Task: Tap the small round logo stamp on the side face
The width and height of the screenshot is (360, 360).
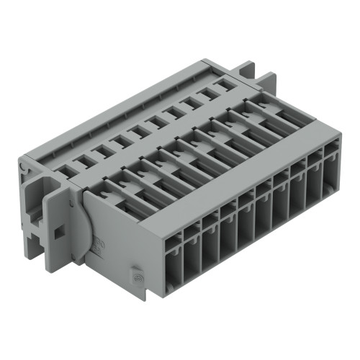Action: click(135, 274)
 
